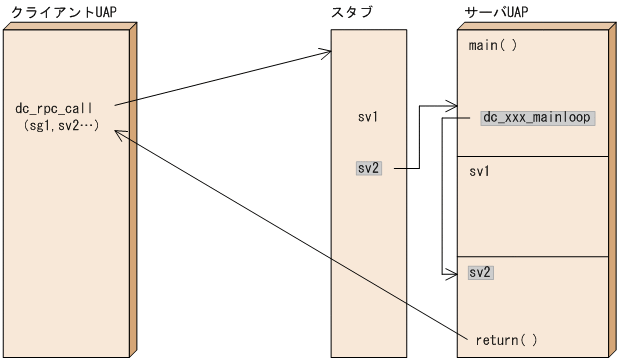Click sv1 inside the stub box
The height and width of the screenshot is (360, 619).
(367, 117)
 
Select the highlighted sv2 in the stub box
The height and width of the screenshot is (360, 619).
(368, 168)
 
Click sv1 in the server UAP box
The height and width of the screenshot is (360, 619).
(479, 172)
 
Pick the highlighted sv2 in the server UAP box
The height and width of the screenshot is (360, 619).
(481, 272)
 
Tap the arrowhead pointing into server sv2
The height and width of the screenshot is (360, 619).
(451, 271)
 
